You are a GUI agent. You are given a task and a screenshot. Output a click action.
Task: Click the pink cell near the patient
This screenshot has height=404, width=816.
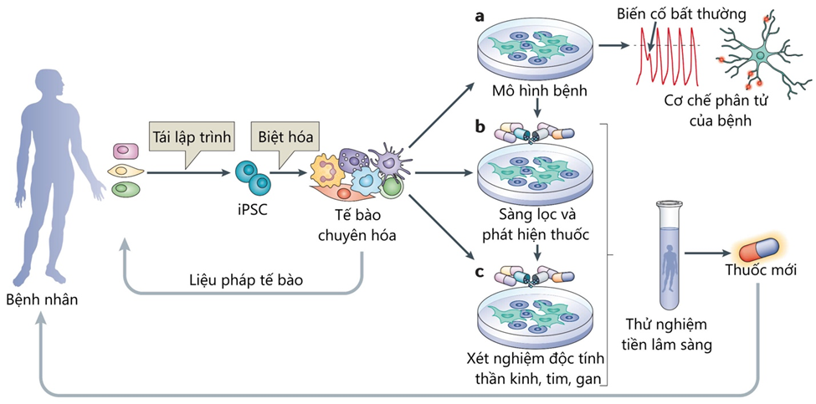pyautogui.click(x=126, y=151)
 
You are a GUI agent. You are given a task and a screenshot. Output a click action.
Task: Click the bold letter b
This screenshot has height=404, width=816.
pyautogui.click(x=480, y=127)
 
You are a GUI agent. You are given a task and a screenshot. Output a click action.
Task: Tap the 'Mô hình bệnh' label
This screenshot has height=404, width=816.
pyautogui.click(x=535, y=91)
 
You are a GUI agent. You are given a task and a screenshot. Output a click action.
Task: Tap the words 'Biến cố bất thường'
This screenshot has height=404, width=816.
pyautogui.click(x=680, y=13)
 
